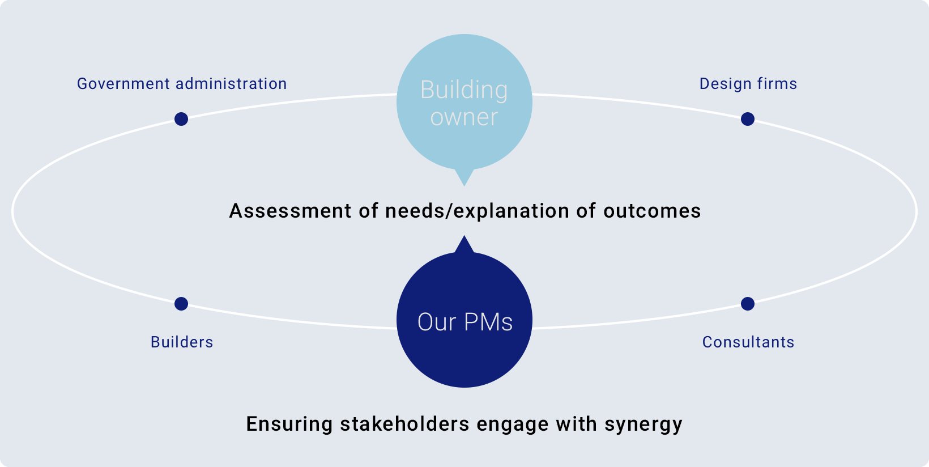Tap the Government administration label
(x=182, y=84)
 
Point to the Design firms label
(x=748, y=84)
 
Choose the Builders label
(x=182, y=342)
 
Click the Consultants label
(x=748, y=342)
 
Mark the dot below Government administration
(x=181, y=119)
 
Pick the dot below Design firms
(x=747, y=119)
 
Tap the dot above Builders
(x=181, y=304)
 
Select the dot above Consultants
(x=747, y=304)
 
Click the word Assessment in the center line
(x=290, y=211)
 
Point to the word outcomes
(x=652, y=211)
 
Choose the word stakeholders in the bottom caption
(x=405, y=424)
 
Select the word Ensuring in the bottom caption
(x=289, y=424)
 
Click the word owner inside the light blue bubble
(x=464, y=117)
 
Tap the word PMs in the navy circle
(x=488, y=322)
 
